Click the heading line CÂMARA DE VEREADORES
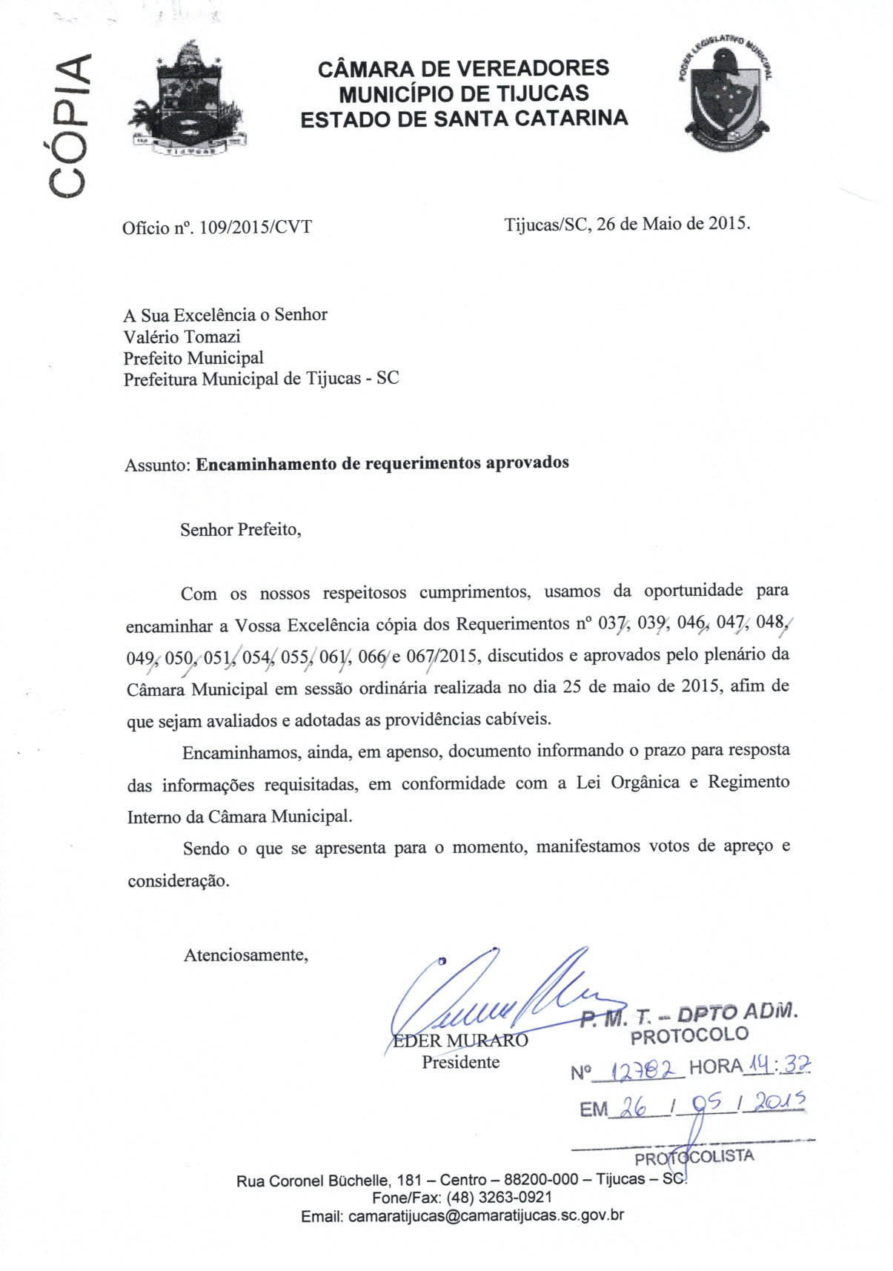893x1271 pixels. [463, 69]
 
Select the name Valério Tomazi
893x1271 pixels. [182, 336]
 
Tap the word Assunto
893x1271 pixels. [158, 465]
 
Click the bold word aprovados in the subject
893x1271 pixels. [527, 462]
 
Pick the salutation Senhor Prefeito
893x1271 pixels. [240, 530]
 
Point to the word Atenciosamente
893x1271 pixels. [245, 955]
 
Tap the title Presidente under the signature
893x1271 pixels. [460, 1062]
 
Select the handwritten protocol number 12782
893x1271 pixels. [639, 1069]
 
